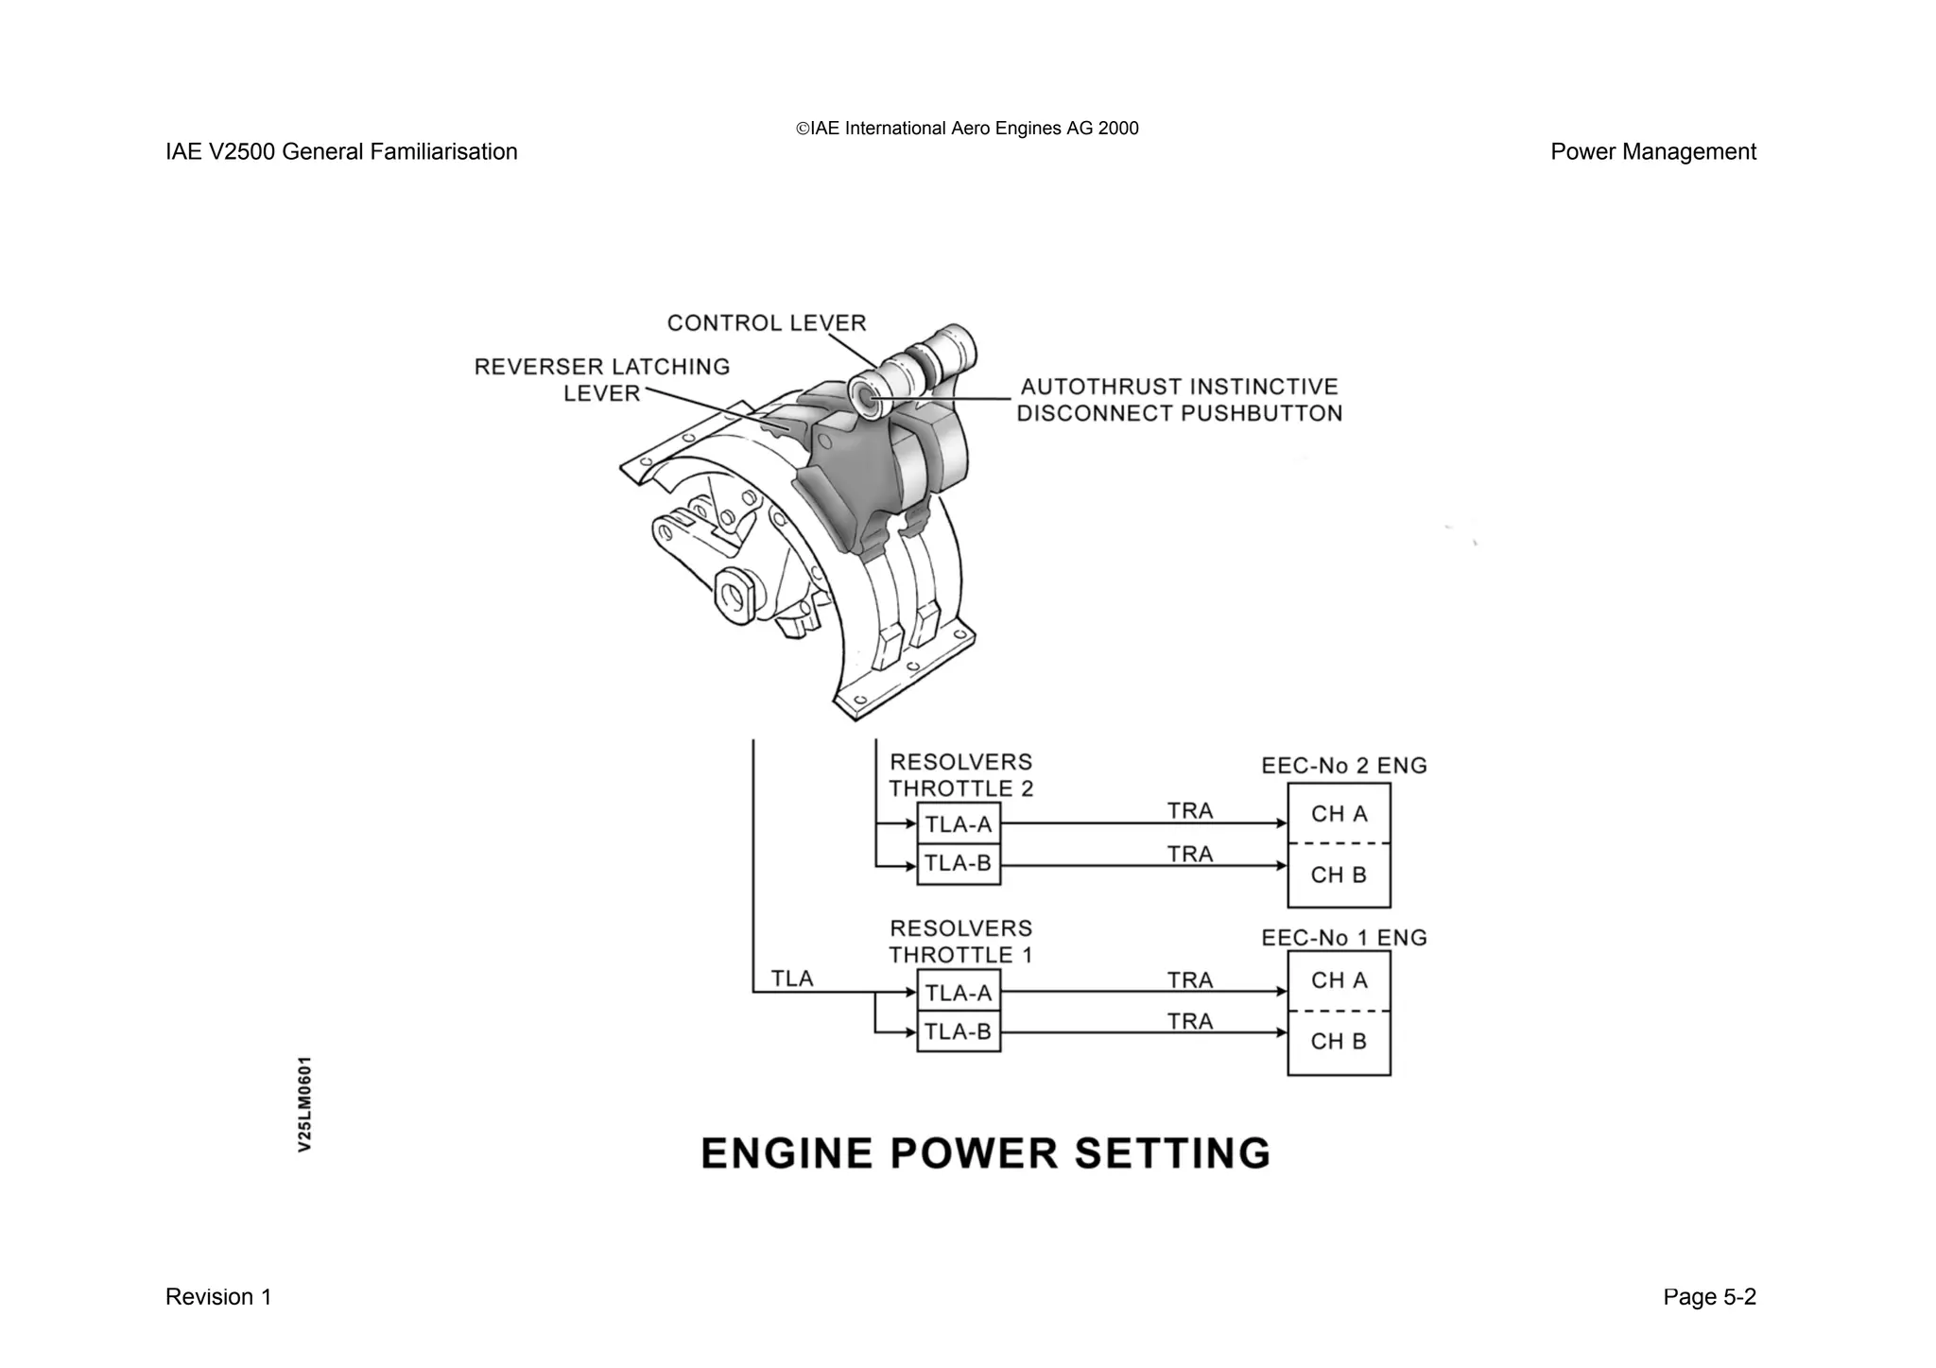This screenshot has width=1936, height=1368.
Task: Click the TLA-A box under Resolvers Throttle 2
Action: click(959, 824)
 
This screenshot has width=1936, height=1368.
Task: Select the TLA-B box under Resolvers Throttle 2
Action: click(959, 864)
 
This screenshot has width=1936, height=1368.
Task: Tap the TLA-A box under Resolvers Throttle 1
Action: click(959, 993)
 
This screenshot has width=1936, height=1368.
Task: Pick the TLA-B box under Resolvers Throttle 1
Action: click(959, 1031)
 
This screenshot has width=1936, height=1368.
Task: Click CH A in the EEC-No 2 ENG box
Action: click(1339, 814)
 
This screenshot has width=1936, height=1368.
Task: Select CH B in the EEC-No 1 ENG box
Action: click(1339, 1042)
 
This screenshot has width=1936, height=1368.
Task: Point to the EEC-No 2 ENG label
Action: click(1343, 766)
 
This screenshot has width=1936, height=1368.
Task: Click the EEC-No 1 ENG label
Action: click(1343, 938)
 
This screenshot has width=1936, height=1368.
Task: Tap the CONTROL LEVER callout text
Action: click(767, 323)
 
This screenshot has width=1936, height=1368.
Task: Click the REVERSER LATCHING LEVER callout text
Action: click(602, 379)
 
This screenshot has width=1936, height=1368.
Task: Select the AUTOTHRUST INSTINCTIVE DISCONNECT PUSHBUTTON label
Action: click(1179, 400)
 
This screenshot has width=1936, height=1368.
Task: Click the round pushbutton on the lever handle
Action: click(867, 396)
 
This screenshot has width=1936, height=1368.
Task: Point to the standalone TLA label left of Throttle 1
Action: click(791, 978)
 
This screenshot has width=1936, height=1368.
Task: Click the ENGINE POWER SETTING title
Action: click(986, 1153)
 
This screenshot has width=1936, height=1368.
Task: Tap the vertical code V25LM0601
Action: click(304, 1104)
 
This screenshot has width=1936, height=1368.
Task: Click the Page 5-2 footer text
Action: click(1709, 1297)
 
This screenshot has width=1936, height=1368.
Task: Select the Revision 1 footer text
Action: click(218, 1297)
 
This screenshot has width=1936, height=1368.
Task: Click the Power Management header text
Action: click(1652, 152)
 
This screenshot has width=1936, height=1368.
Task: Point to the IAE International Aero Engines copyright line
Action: click(967, 129)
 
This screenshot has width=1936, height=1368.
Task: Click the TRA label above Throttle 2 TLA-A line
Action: click(1189, 811)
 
